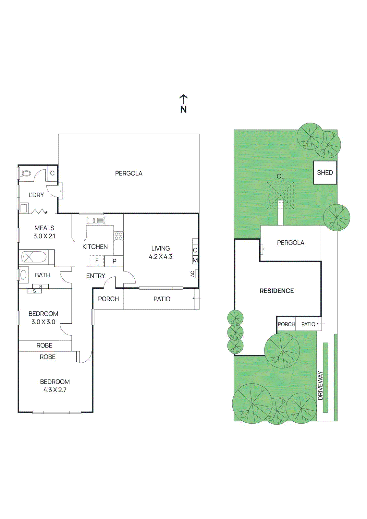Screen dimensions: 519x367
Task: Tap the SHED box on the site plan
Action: (x=325, y=173)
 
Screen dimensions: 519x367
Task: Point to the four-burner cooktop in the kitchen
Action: (x=118, y=236)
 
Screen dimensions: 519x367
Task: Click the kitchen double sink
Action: (x=96, y=221)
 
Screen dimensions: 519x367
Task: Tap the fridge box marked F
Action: (x=97, y=261)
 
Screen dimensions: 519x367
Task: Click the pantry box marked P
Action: (x=114, y=261)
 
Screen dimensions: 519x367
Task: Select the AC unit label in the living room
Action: (x=192, y=274)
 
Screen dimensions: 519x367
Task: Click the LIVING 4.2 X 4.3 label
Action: (x=161, y=252)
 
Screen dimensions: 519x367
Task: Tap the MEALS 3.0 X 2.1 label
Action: (x=44, y=232)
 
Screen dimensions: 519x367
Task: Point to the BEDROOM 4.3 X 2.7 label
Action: (x=55, y=386)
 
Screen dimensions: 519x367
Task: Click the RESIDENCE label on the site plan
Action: (x=276, y=291)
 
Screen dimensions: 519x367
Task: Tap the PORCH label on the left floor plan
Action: (x=108, y=299)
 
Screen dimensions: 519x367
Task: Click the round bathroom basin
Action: (x=24, y=275)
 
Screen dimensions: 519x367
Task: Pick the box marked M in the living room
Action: (x=195, y=260)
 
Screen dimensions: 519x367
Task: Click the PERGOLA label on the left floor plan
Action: (x=129, y=174)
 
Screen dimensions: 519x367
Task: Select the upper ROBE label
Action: (x=44, y=345)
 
